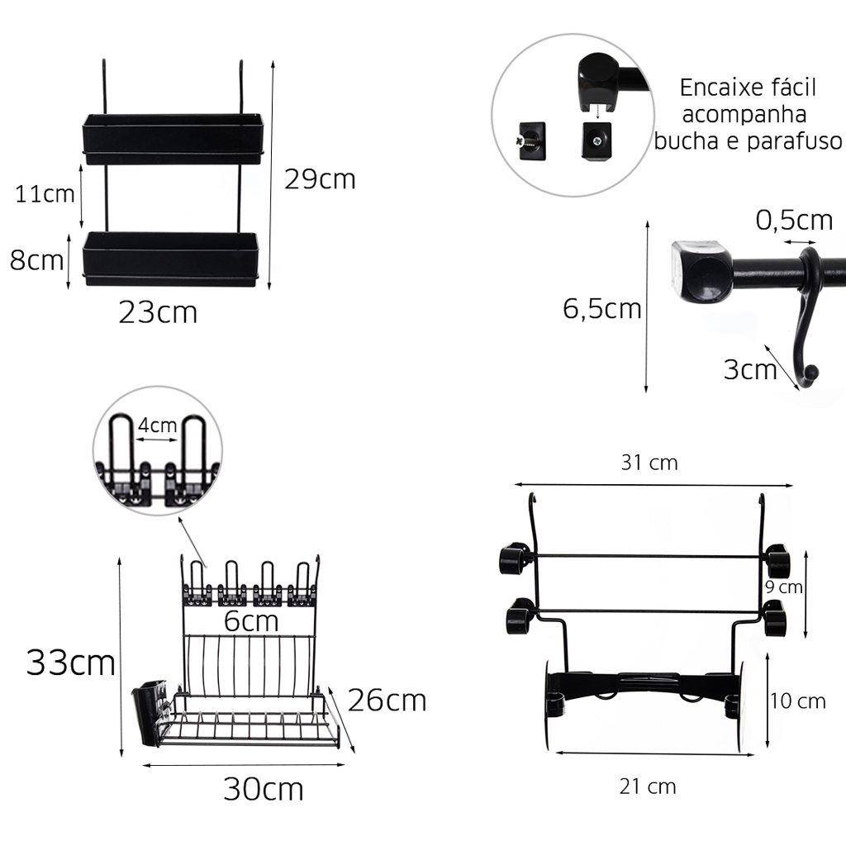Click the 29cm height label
pos(320,179)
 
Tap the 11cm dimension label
pos(45,194)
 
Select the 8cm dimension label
pos(36,260)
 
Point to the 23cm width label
pos(158,312)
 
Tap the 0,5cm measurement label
pos(794,220)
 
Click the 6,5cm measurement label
pos(602,309)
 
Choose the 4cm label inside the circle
pos(157,425)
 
